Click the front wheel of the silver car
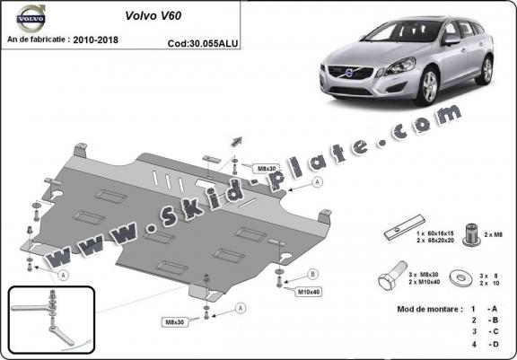point(426,90)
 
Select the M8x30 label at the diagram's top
point(242,168)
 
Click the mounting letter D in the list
point(493,344)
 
